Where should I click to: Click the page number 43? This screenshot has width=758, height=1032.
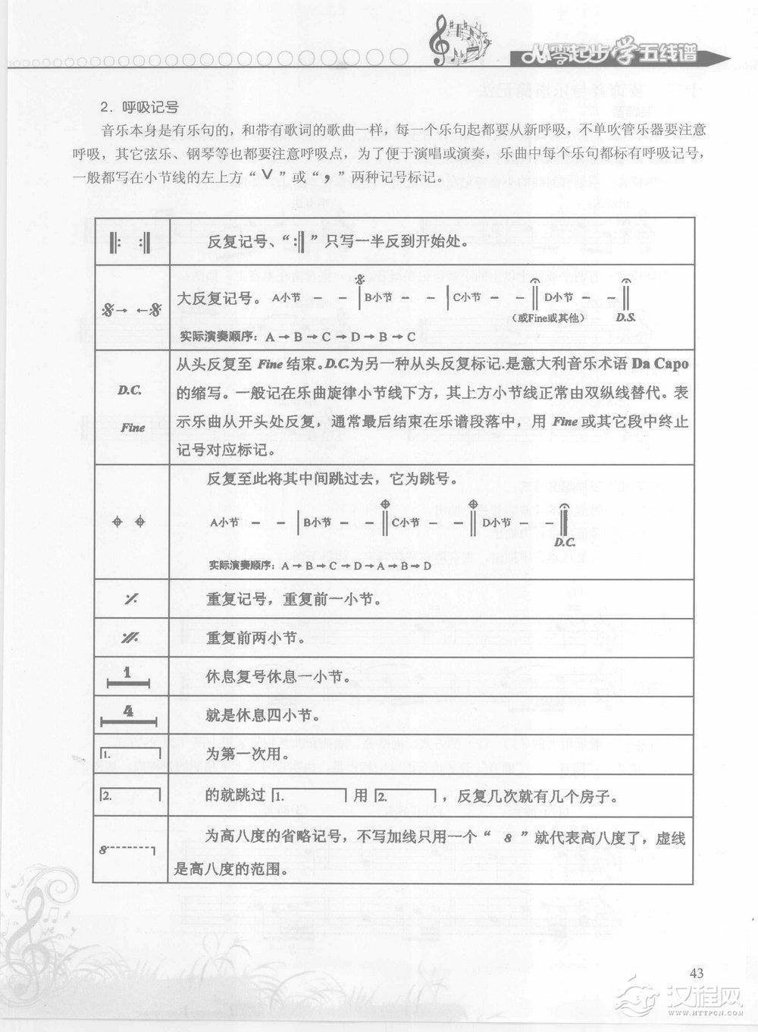697,973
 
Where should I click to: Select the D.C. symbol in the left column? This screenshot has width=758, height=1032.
130,391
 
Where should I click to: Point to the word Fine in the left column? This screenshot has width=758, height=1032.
133,427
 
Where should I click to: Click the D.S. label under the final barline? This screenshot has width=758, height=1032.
625,318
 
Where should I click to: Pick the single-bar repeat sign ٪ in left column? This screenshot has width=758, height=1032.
131,599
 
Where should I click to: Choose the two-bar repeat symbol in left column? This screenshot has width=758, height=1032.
130,638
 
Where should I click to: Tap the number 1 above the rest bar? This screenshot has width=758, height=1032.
128,673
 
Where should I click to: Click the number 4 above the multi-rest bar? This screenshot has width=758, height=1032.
129,711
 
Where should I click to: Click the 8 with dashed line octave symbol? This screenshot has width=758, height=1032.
127,849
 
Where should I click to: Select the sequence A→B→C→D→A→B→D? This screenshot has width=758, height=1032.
356,566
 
